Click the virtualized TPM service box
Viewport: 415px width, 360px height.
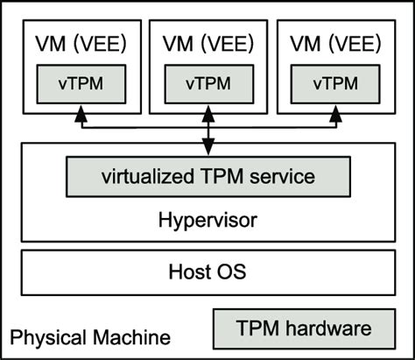click(207, 176)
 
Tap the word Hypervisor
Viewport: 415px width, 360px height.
click(207, 220)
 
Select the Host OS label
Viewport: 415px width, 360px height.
click(207, 272)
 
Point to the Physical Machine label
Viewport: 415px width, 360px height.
click(90, 337)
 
